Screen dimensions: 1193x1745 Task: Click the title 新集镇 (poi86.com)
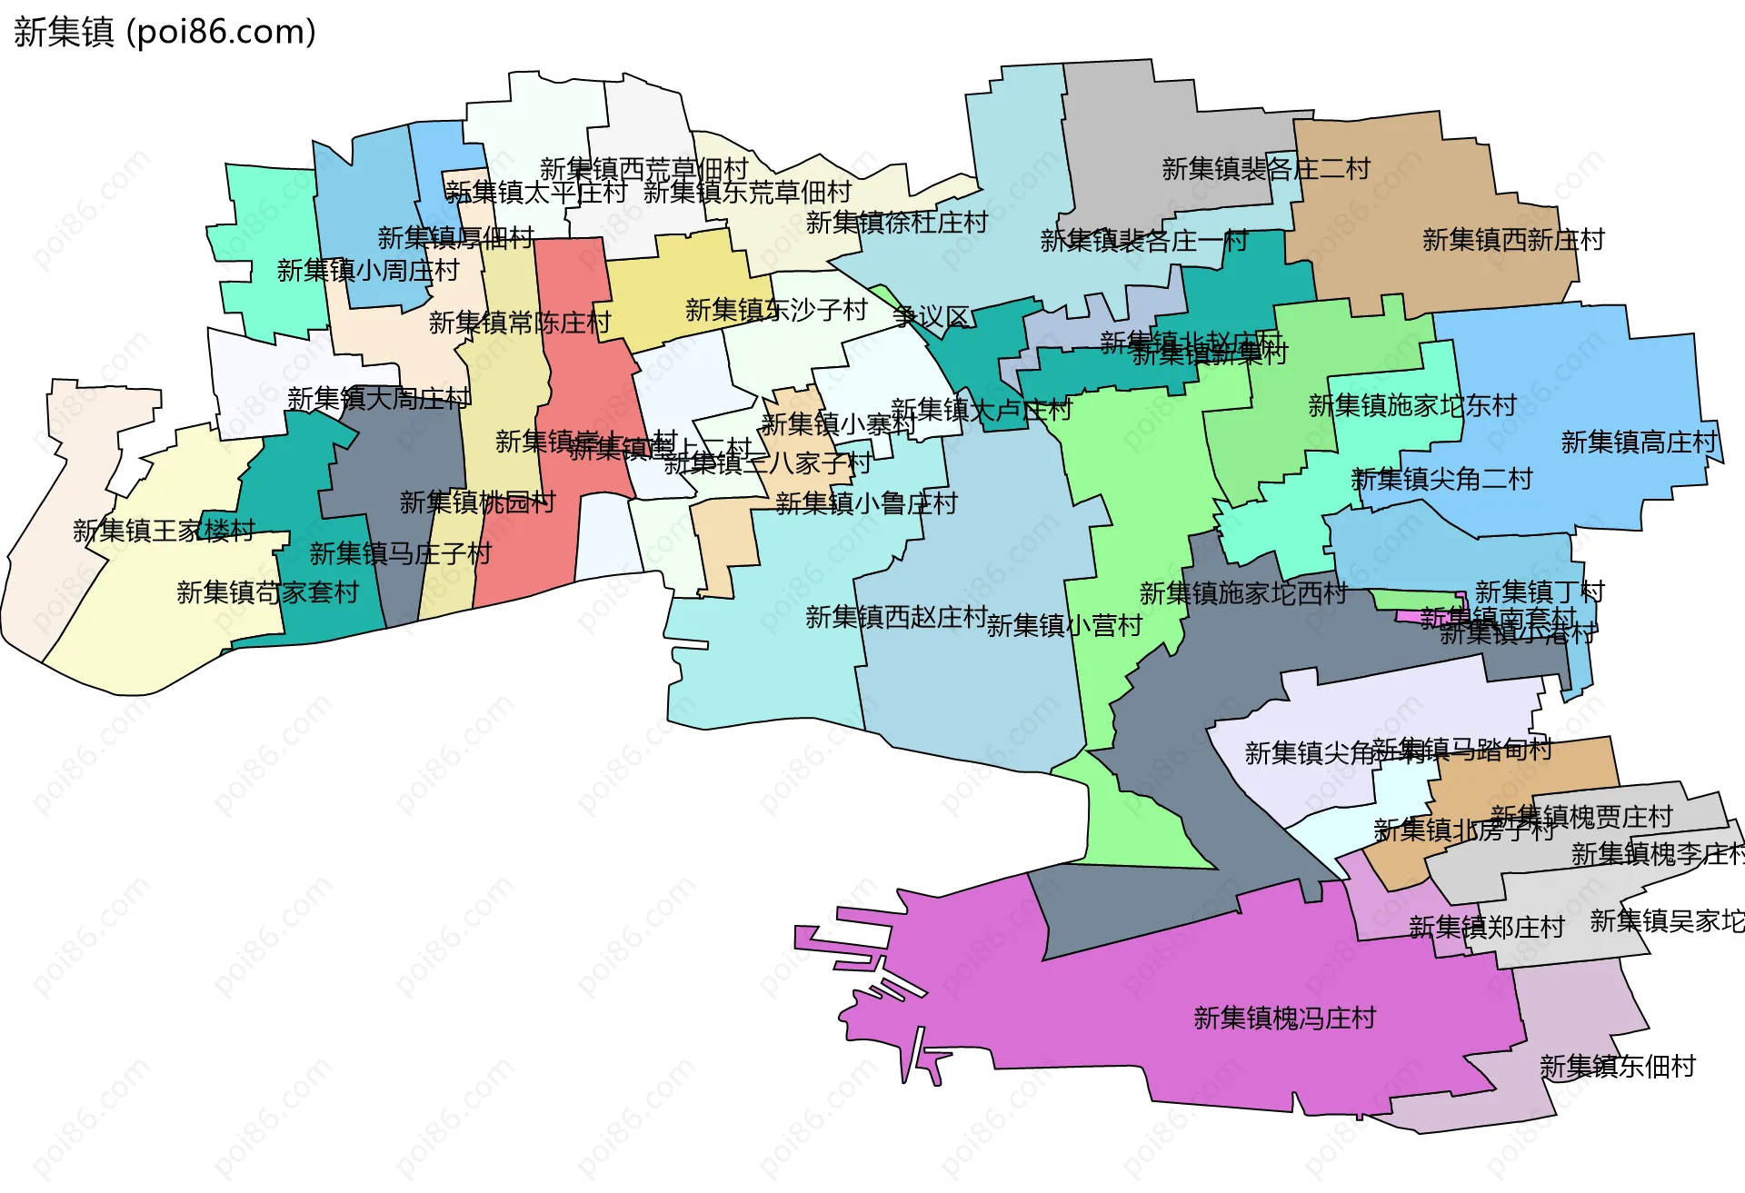pos(165,32)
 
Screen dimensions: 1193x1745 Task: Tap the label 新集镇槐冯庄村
pos(1284,1018)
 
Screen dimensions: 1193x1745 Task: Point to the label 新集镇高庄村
pos(1639,442)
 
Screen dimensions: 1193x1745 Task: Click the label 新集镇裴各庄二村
pos(1265,169)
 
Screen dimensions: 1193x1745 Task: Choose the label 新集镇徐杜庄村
pos(896,223)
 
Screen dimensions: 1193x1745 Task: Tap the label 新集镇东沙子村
pos(776,310)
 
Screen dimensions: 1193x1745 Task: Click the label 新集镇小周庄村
pos(367,271)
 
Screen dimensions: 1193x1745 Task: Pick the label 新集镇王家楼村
pos(164,531)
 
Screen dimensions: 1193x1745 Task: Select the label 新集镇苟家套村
pos(267,592)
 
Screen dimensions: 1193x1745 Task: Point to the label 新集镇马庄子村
pos(400,553)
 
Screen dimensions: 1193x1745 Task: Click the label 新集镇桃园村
pos(477,502)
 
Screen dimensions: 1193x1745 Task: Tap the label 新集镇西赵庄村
pos(896,617)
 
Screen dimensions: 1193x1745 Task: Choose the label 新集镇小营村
pos(1063,625)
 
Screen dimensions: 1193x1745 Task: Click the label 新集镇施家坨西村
pos(1242,593)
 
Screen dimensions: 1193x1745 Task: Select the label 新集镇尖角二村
pos(1441,479)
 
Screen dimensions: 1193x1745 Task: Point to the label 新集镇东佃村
pos(1617,1066)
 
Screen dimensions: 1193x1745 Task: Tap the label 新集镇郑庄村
pos(1486,927)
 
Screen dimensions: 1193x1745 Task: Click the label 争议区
pos(931,317)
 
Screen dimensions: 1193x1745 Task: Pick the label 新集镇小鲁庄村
pos(866,503)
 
